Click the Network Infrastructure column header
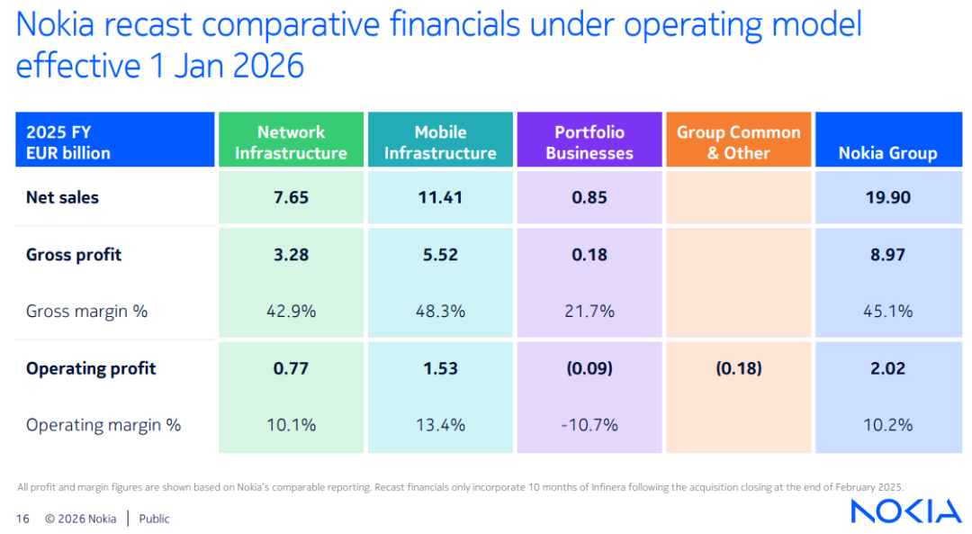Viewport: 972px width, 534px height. pyautogui.click(x=291, y=140)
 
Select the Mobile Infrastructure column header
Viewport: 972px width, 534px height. pyautogui.click(x=440, y=140)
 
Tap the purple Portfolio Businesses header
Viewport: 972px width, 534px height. pyautogui.click(x=589, y=140)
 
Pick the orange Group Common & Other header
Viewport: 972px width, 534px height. pyautogui.click(x=738, y=140)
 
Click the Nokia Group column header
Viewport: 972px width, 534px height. pyautogui.click(x=888, y=140)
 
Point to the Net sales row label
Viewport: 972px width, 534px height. pyautogui.click(x=62, y=198)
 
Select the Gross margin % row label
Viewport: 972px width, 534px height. pyautogui.click(x=86, y=312)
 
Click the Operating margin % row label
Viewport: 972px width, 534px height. pyautogui.click(x=103, y=425)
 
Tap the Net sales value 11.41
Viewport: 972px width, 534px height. pyautogui.click(x=440, y=198)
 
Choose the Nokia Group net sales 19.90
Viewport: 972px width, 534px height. pyautogui.click(x=888, y=198)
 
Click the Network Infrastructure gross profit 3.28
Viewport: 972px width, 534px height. pyautogui.click(x=291, y=255)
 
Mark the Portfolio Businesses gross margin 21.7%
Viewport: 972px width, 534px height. pyautogui.click(x=589, y=312)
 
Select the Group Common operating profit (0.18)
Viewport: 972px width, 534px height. pyautogui.click(x=738, y=368)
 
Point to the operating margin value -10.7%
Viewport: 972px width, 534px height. pyautogui.click(x=589, y=425)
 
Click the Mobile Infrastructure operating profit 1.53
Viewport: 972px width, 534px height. pyautogui.click(x=440, y=368)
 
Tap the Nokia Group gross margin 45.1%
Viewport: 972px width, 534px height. pyautogui.click(x=888, y=312)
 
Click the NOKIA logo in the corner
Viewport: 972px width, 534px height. pyautogui.click(x=905, y=511)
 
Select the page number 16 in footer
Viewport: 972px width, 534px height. pyautogui.click(x=22, y=519)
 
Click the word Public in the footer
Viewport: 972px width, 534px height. pyautogui.click(x=155, y=519)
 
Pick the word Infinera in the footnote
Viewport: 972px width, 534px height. pyautogui.click(x=608, y=487)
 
